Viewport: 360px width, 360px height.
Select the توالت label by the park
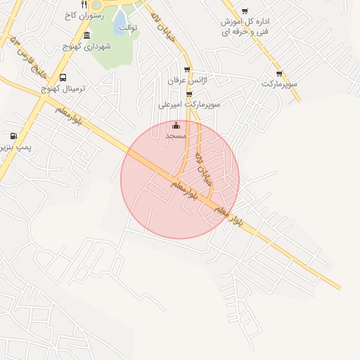tap(128, 27)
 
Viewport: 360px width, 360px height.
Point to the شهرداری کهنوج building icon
tap(86, 35)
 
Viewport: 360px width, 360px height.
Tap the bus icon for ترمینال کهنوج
tap(64, 77)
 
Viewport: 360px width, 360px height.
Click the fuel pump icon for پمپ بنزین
tap(13, 136)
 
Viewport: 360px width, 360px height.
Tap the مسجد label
tap(175, 134)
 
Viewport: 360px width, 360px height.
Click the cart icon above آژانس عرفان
tap(186, 70)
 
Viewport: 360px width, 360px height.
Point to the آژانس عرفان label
tap(184, 81)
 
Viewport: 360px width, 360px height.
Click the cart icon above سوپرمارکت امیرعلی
tap(188, 94)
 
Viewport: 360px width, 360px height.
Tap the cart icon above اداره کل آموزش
tap(245, 11)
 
